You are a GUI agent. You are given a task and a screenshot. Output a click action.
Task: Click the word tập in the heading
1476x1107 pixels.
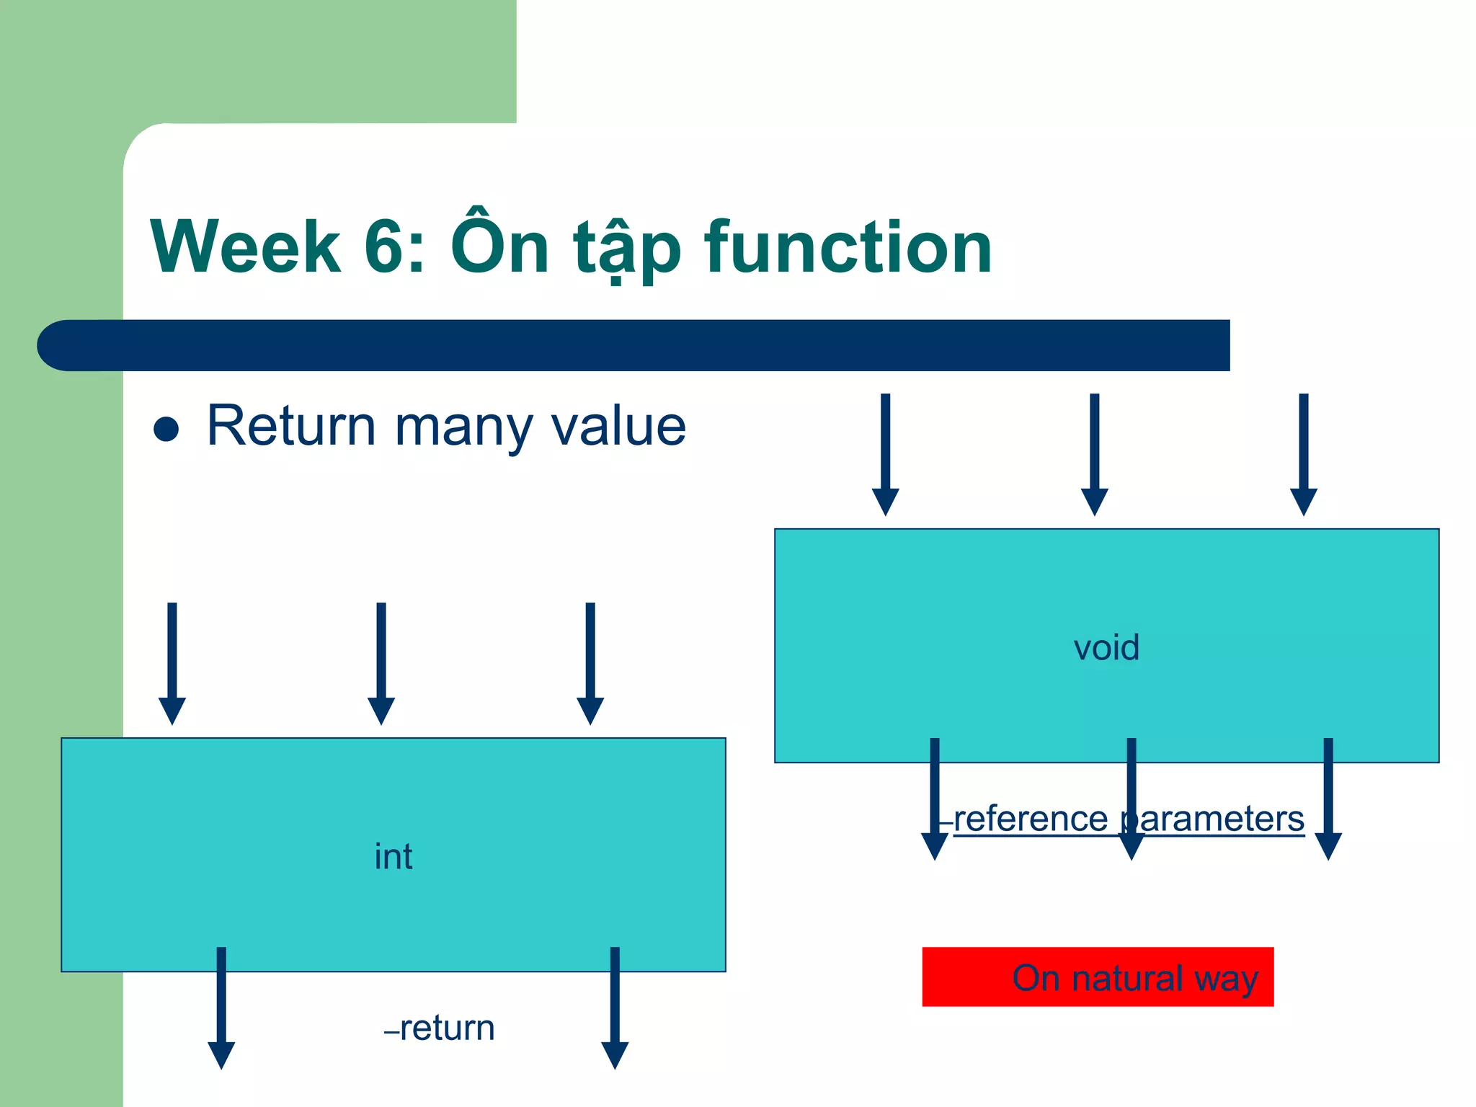click(627, 249)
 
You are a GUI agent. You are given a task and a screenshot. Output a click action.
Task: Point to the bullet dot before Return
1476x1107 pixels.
click(166, 429)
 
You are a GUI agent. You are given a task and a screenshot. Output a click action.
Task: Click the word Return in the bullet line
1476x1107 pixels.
click(291, 426)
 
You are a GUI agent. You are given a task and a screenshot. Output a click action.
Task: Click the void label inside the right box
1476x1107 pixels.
click(1106, 647)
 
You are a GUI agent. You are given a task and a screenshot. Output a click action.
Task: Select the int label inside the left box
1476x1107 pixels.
click(394, 856)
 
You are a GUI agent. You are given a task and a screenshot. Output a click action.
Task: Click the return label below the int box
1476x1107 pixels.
click(447, 1028)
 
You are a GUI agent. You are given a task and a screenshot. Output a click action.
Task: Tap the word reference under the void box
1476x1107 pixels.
click(1031, 819)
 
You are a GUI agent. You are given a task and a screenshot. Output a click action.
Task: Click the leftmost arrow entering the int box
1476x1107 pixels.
click(172, 663)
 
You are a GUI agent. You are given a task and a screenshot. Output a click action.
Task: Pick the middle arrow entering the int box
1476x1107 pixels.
click(381, 663)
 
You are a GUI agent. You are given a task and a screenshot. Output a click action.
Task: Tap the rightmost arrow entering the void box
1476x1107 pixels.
click(1303, 454)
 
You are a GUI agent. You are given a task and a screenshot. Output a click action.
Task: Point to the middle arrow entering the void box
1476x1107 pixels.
click(1094, 454)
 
